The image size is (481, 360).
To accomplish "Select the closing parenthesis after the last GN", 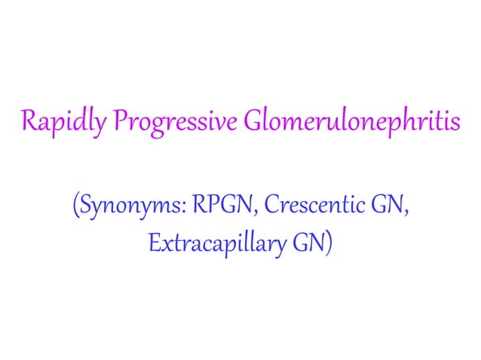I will pyautogui.click(x=328, y=244).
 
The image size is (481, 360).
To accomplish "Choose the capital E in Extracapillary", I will pyautogui.click(x=155, y=243).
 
